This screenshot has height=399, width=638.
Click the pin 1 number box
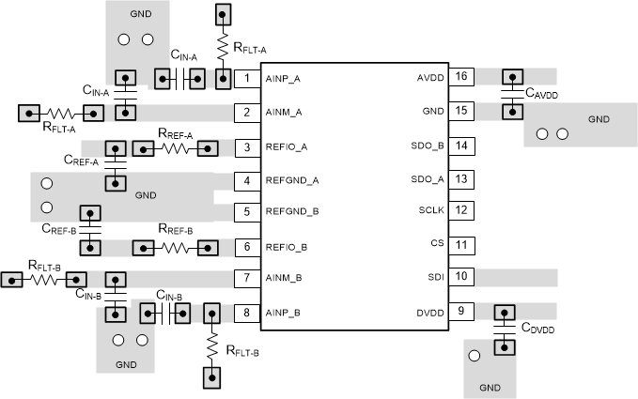click(247, 78)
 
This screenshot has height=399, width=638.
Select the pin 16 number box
click(460, 78)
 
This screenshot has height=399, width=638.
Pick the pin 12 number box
click(460, 210)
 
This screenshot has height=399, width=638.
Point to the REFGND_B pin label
click(292, 212)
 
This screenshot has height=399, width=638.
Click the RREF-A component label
click(176, 134)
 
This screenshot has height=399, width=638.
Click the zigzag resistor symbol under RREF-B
click(176, 248)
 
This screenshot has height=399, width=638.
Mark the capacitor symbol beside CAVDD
click(511, 94)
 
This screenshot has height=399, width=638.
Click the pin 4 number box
click(247, 179)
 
